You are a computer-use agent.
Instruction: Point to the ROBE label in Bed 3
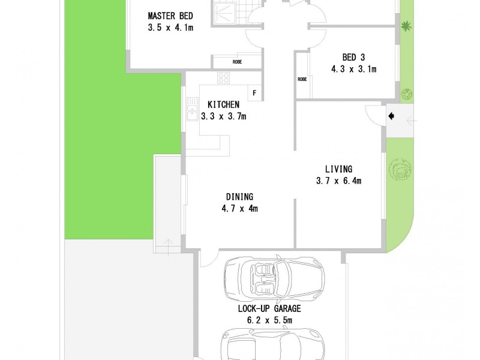pos(302,79)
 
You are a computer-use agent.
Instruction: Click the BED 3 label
pos(353,58)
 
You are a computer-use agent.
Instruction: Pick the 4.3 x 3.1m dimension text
pos(353,69)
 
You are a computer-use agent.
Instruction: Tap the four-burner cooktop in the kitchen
pos(224,77)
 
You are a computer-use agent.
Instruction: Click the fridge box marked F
pos(254,93)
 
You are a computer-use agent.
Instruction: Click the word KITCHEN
pos(223,104)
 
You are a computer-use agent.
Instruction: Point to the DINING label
pos(239,197)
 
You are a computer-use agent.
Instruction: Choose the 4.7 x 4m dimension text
pos(239,209)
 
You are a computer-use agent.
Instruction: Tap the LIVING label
pos(338,169)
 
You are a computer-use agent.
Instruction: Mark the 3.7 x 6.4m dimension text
pos(338,181)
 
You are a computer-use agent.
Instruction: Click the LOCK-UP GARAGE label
pos(269,309)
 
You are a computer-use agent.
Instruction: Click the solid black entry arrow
pos(391,116)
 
